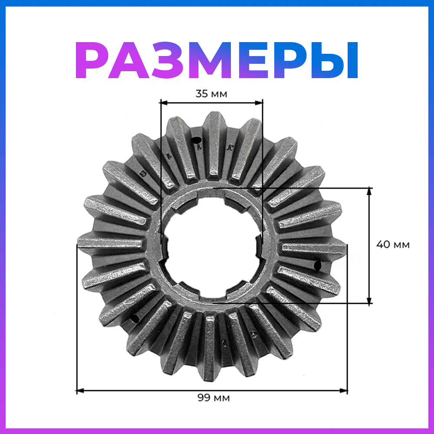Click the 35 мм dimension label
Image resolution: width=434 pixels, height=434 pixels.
point(211,94)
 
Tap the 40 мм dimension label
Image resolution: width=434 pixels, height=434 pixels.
point(393,245)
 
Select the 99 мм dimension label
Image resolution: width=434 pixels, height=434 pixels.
point(214,398)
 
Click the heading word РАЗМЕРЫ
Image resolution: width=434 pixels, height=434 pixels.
point(217,60)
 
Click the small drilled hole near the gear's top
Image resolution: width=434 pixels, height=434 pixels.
point(196,140)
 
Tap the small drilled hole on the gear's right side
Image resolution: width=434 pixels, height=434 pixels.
point(317,266)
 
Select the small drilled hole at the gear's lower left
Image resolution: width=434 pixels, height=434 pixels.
point(135,319)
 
